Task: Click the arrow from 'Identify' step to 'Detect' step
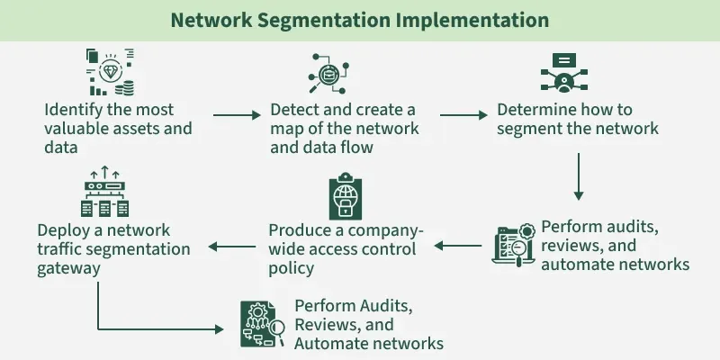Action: (237, 115)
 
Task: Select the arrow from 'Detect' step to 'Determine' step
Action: (463, 115)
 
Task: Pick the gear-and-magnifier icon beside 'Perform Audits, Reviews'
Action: (262, 322)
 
